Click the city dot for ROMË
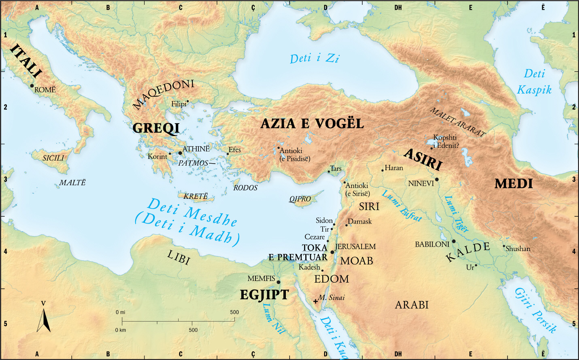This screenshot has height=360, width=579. (32, 86)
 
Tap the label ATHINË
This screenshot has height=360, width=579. (196, 149)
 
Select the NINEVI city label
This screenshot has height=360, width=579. (421, 183)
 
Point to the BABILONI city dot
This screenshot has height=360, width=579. (453, 241)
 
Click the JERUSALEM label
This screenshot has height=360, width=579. (355, 247)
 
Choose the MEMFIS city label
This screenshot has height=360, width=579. (261, 279)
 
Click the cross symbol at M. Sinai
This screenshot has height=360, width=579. (315, 301)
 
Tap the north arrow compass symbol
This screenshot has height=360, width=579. (44, 320)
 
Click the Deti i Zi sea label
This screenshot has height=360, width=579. (314, 59)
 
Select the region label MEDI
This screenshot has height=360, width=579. (513, 184)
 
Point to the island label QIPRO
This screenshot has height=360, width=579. (300, 199)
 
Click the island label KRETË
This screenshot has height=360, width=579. (196, 196)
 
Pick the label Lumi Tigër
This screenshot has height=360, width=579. (456, 214)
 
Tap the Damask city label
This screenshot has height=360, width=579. (360, 222)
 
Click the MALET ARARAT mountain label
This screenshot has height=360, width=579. (458, 122)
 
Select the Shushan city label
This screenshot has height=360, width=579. (518, 249)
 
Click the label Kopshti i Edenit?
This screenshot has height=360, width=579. (446, 141)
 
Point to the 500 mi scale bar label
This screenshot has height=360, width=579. (234, 312)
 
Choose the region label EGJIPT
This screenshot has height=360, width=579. (264, 295)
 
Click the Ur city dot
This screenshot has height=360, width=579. (476, 266)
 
